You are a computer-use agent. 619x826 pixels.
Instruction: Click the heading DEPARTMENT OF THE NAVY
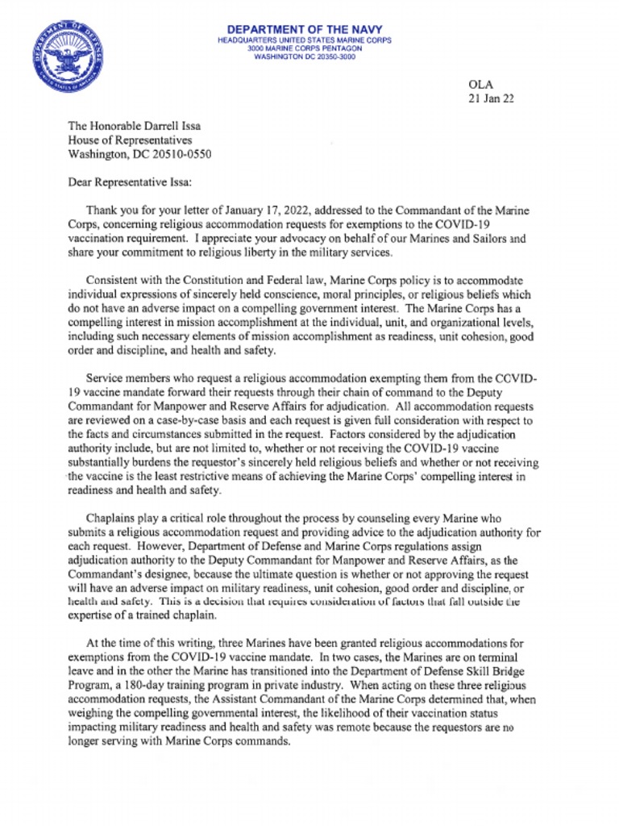pos(304,30)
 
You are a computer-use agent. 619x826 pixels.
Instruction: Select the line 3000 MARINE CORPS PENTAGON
pos(305,48)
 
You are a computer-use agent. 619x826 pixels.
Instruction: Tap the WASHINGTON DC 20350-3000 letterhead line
pos(304,57)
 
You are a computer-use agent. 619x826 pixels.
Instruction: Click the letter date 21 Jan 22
pos(492,99)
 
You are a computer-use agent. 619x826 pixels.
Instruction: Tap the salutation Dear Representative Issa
pos(131,183)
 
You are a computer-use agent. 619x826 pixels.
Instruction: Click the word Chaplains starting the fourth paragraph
pos(112,519)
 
